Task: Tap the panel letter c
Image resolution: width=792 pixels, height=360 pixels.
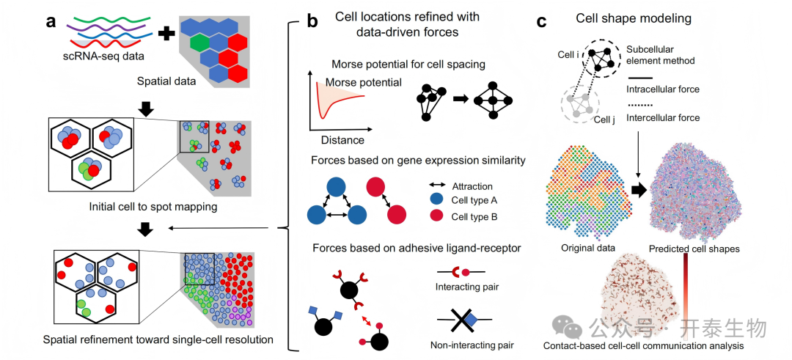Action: [x=542, y=22]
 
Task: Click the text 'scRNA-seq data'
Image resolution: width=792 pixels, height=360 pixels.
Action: [x=106, y=56]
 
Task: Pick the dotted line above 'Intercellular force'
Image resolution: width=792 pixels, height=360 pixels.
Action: [x=639, y=105]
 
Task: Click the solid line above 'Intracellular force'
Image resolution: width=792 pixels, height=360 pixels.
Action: [x=639, y=78]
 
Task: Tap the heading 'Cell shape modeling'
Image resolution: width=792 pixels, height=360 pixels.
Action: [x=634, y=20]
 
